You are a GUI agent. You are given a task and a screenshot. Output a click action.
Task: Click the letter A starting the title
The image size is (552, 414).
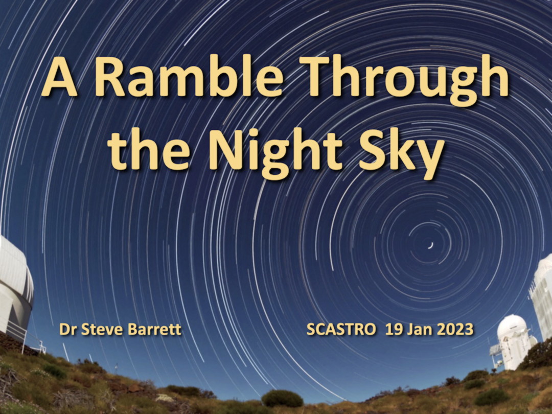pos(59,77)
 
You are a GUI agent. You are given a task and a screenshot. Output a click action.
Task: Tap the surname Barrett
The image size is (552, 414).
pos(154,329)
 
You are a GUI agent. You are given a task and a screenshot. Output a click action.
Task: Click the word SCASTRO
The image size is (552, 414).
pos(341,330)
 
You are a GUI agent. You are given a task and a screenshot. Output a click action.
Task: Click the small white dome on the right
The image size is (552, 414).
pos(512,342)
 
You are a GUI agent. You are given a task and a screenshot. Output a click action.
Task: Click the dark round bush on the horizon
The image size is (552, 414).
pos(282,399)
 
